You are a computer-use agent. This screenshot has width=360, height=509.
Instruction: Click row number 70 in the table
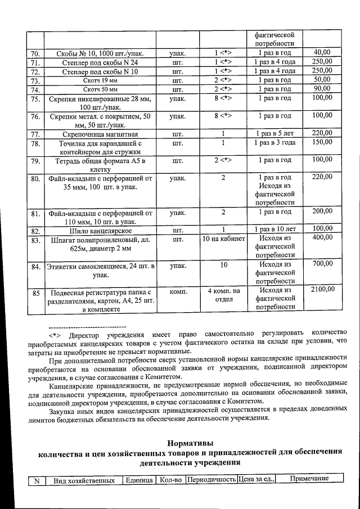[35, 53]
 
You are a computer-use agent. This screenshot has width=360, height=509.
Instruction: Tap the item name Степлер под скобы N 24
[100, 62]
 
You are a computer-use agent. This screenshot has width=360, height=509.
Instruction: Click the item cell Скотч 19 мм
[100, 80]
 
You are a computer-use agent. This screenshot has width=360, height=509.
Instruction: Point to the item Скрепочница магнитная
[100, 134]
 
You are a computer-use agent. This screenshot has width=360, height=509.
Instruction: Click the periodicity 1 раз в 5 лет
[274, 134]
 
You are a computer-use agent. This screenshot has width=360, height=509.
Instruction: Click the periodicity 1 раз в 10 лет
[274, 230]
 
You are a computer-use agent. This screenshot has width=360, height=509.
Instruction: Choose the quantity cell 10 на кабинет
[223, 239]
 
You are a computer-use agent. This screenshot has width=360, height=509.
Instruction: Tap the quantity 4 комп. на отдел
[223, 294]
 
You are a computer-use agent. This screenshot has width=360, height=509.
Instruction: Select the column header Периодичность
[211, 480]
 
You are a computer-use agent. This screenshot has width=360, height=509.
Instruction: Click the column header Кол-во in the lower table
[170, 480]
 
